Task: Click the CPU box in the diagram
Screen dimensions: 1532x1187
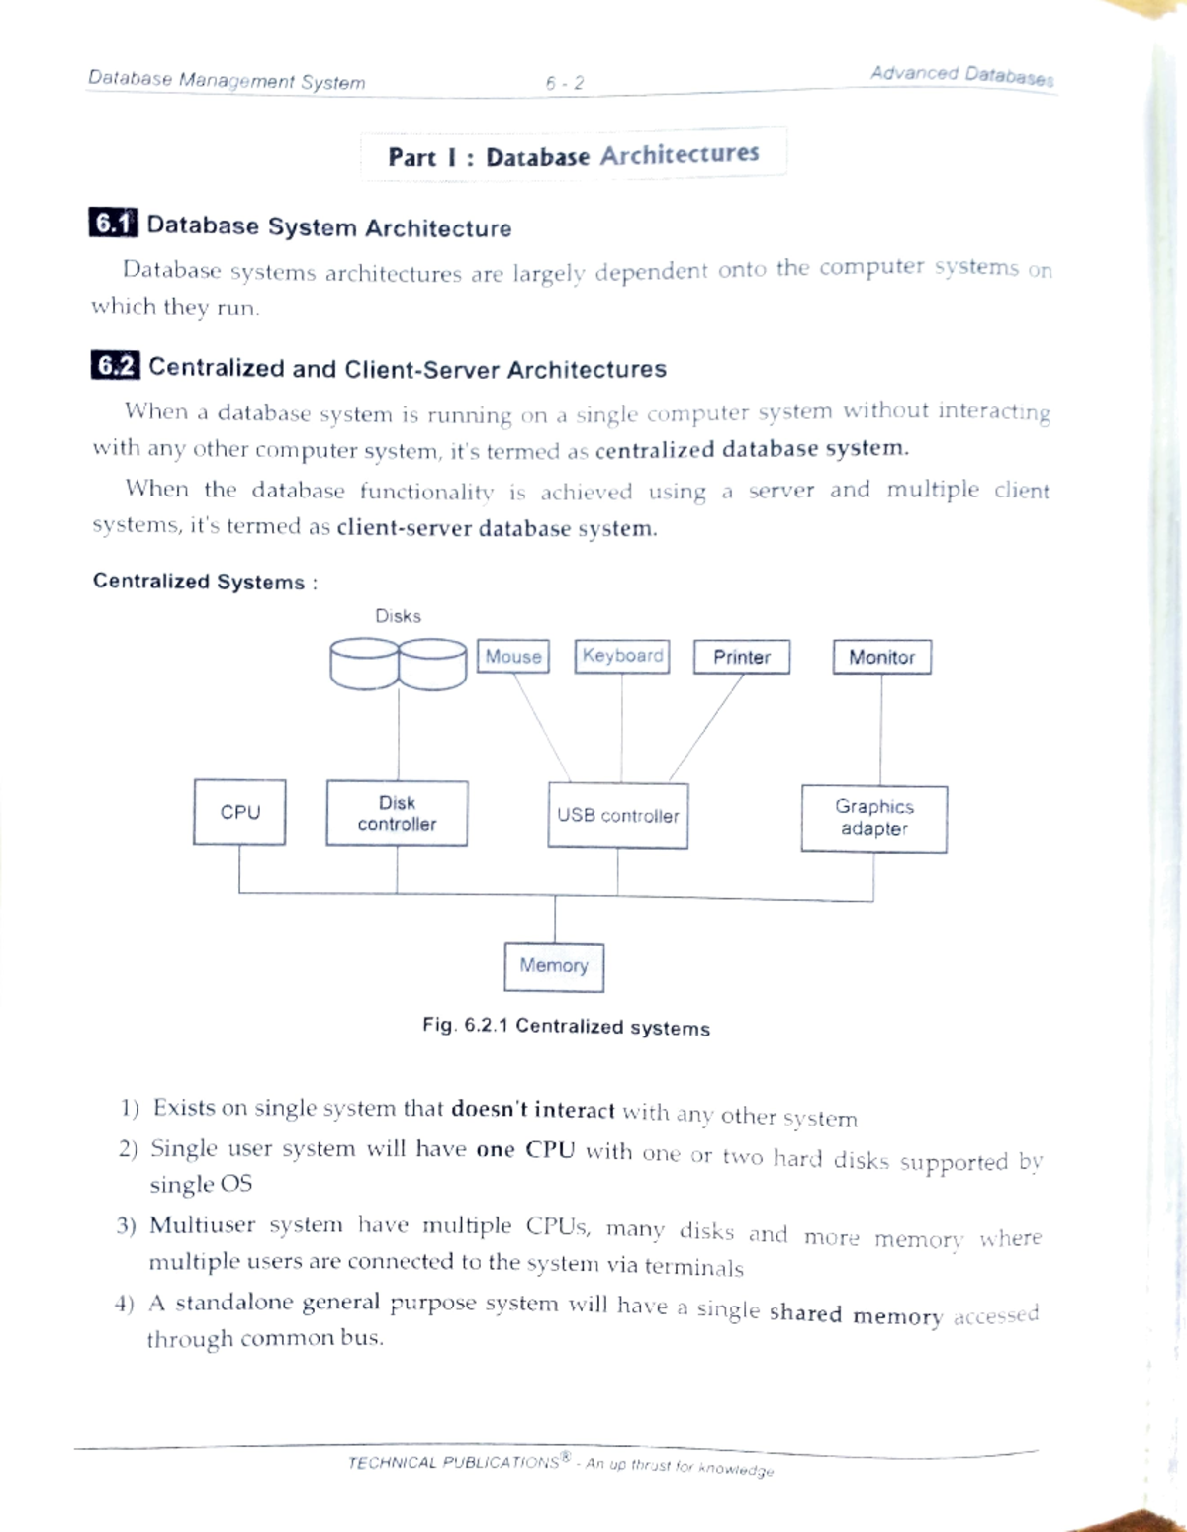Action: (239, 812)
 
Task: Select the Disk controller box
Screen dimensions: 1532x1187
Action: (397, 814)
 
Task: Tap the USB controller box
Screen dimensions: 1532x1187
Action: (618, 816)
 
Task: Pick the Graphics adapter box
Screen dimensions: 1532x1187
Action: (873, 818)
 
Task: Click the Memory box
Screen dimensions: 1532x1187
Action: (554, 966)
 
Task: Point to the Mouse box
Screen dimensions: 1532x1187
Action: (513, 656)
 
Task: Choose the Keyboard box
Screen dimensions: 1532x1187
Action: (622, 656)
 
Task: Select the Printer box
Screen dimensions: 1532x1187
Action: (742, 657)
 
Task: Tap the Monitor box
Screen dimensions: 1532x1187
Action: (881, 657)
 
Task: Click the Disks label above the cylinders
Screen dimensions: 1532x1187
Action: (398, 616)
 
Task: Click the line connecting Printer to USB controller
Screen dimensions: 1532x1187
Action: (706, 727)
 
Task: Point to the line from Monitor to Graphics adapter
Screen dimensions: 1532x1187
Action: (881, 730)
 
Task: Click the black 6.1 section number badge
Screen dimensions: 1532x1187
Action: (113, 225)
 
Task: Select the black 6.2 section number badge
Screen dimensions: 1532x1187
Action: (115, 366)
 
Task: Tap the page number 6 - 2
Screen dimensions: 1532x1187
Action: (565, 84)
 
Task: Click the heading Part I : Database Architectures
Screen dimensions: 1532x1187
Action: (574, 155)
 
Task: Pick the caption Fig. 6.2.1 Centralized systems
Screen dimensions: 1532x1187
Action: (566, 1027)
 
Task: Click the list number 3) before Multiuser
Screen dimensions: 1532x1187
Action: (126, 1226)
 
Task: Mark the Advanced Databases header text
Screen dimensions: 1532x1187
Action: (961, 75)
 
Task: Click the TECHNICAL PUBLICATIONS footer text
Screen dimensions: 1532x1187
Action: (455, 1463)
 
